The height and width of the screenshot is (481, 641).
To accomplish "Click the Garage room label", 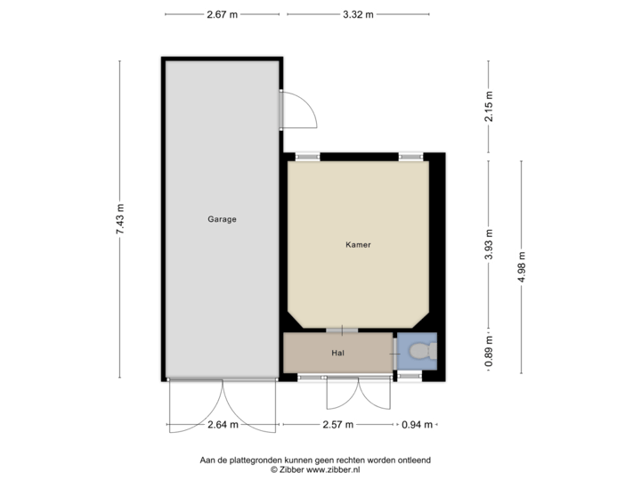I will tap(222, 218).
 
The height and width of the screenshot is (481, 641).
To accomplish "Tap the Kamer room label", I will tap(358, 244).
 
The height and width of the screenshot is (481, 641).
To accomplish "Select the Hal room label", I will tap(337, 354).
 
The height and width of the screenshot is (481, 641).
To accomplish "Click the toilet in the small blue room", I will tap(422, 352).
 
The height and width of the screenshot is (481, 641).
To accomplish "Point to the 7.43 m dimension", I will tap(119, 218).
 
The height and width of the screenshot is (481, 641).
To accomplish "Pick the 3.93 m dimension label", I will tap(489, 243).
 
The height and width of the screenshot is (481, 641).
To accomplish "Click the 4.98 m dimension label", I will tap(521, 267).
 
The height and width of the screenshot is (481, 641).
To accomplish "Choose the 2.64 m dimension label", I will tap(222, 425).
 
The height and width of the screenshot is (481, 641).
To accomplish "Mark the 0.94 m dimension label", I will tap(416, 425).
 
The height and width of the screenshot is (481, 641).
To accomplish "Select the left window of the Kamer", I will tap(307, 157).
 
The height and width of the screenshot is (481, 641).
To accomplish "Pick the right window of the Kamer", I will tap(410, 157).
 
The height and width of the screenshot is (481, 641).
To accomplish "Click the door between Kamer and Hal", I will tap(343, 330).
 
